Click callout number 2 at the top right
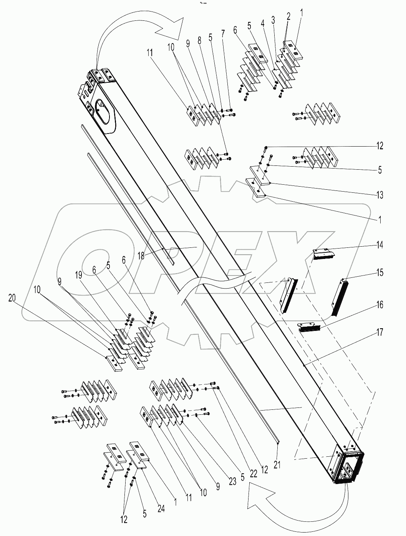pos(288,16)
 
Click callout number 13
pos(379,195)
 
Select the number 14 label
pos(379,245)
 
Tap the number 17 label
pos(379,332)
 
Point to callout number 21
pos(277,465)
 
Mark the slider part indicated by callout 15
pos(339,294)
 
